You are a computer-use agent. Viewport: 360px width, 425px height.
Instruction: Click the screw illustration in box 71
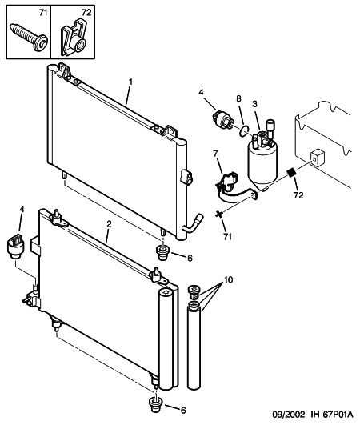(30, 38)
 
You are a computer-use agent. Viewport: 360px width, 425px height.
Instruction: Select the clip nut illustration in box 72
(73, 38)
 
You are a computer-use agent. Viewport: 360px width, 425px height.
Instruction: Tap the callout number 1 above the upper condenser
(130, 82)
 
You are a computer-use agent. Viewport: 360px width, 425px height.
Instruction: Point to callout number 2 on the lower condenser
(109, 224)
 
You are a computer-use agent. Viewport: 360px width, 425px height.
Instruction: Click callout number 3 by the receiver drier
(255, 104)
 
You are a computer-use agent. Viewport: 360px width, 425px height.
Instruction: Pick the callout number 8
(238, 98)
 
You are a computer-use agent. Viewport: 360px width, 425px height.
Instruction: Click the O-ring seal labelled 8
(244, 130)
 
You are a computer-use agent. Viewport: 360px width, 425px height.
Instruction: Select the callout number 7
(216, 154)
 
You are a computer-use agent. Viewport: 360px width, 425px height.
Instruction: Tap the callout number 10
(228, 279)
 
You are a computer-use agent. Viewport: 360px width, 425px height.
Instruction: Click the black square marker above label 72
(292, 172)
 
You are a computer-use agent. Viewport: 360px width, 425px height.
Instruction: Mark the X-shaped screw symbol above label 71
(219, 215)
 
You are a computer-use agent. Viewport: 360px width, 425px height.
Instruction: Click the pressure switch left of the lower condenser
(15, 246)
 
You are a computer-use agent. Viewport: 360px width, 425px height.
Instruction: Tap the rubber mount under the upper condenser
(162, 253)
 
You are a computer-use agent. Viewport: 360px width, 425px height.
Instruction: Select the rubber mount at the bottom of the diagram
(156, 405)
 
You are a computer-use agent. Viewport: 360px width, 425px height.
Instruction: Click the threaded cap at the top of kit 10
(194, 292)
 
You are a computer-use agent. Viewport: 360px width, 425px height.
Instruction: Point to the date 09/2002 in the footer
(289, 415)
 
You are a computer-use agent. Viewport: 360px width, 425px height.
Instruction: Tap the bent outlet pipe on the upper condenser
(193, 223)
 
